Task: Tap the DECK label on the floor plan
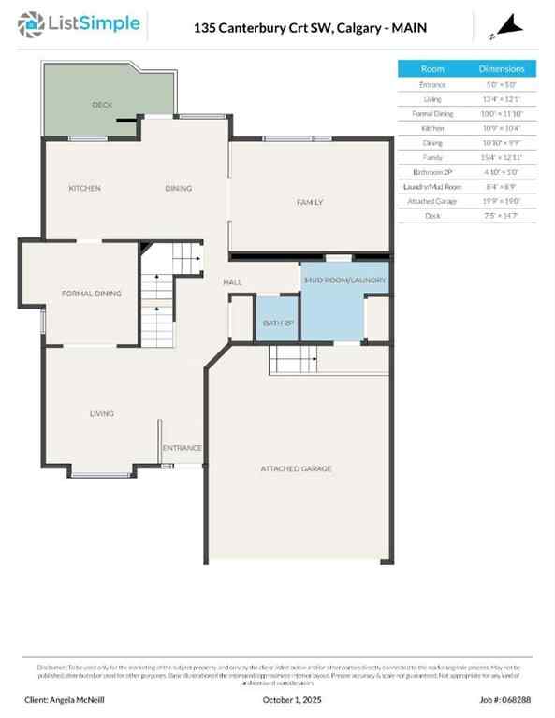coord(102,105)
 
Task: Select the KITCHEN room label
coord(84,189)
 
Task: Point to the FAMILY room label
coord(310,202)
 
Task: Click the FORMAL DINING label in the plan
coord(91,294)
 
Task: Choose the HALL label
coord(233,282)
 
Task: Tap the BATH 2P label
coord(278,323)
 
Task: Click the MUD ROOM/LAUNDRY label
coord(345,280)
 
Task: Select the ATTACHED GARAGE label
coord(296,468)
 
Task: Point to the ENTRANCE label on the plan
coord(183,448)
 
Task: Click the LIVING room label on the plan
coord(102,413)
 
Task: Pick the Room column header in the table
coord(432,68)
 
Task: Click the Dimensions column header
coord(502,68)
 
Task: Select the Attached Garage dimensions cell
coord(502,201)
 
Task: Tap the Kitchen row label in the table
coord(432,128)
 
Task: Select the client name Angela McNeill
coord(66,699)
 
